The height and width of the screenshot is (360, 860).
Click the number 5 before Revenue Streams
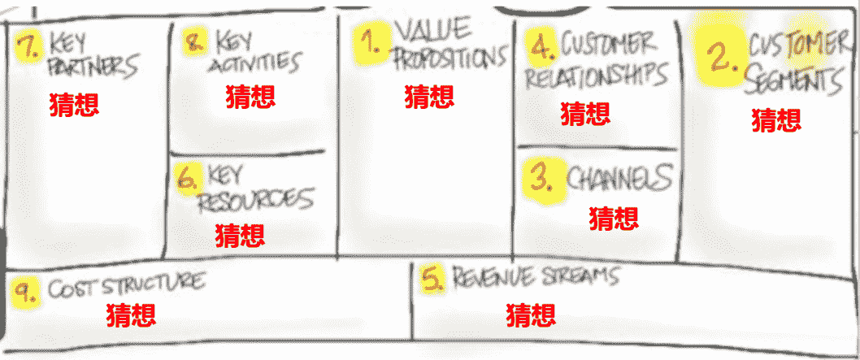point(432,279)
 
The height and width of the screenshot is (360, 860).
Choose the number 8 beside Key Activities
point(196,42)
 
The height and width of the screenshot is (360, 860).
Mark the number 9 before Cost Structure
point(26,292)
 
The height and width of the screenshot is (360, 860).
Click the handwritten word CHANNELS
point(620,177)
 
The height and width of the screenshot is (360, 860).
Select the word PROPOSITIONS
point(450,59)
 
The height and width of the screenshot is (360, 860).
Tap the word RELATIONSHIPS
point(596,75)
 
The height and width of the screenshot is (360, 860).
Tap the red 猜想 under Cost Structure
point(132,314)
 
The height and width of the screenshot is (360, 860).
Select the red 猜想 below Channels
point(614,218)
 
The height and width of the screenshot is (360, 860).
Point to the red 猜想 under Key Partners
point(74,105)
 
